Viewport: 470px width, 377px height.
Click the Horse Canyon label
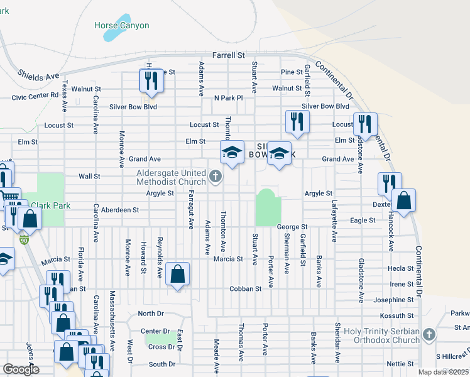click(121, 26)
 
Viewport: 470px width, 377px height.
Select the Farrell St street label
click(228, 56)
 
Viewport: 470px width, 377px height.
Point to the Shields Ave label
click(38, 75)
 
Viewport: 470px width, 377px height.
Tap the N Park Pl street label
click(228, 98)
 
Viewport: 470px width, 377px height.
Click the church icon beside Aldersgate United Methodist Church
click(216, 177)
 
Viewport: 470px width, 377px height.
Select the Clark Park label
click(50, 205)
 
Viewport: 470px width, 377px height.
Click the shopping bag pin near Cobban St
click(178, 274)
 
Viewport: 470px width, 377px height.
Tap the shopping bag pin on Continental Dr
click(405, 201)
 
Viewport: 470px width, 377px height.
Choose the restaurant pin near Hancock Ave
click(389, 183)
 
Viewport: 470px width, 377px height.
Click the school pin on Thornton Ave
click(232, 152)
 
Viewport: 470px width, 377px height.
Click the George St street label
click(292, 226)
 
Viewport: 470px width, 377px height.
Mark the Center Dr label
click(155, 331)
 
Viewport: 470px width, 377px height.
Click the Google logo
click(21, 369)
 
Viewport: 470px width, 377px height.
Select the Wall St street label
click(89, 177)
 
